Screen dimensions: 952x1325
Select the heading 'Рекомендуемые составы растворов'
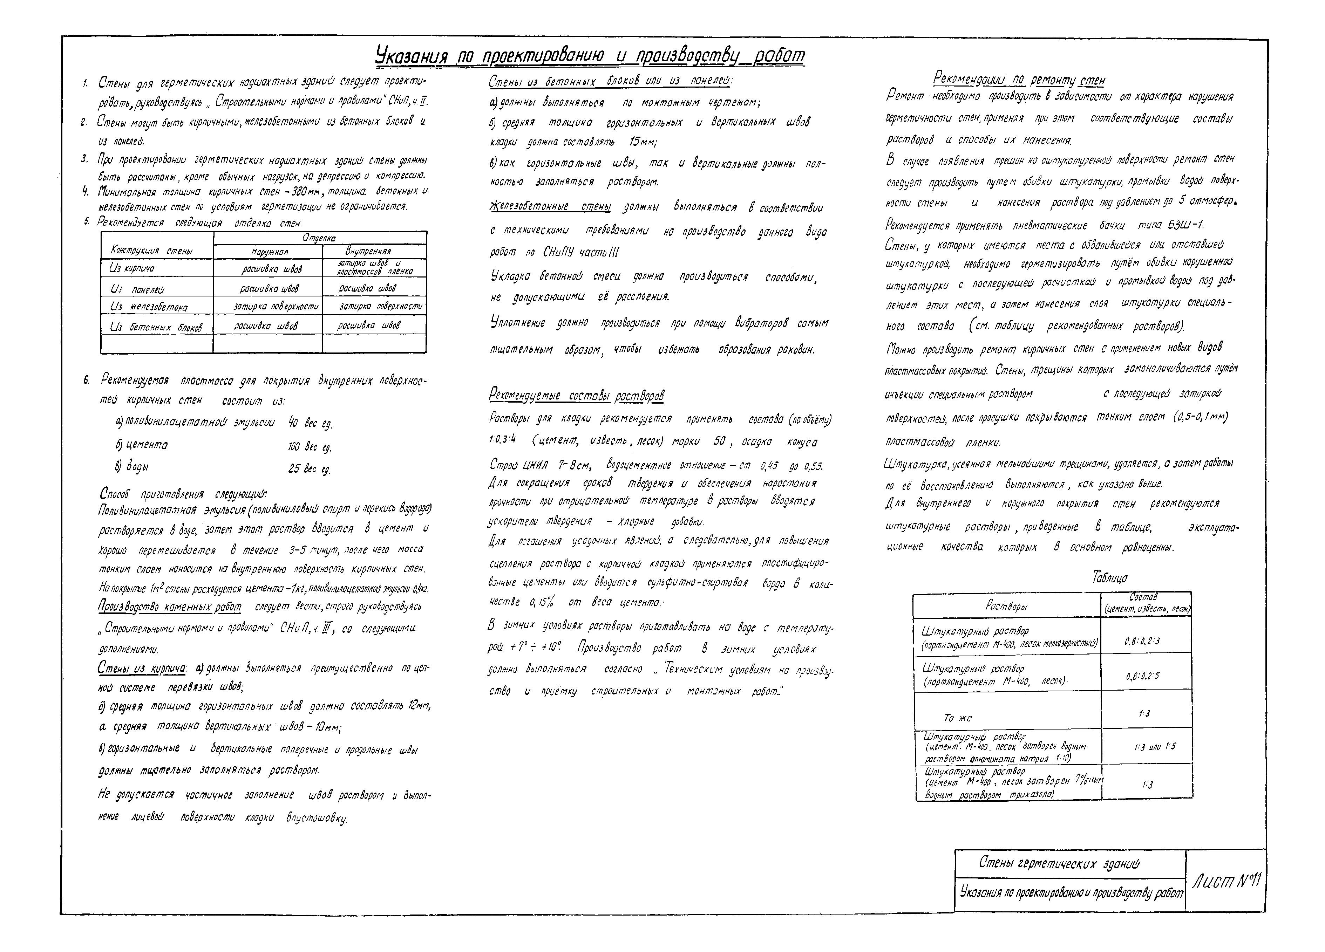576,397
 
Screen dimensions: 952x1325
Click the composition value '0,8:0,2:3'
1142,641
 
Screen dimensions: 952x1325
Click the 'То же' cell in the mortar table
958,718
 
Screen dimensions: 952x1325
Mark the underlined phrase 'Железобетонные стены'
550,208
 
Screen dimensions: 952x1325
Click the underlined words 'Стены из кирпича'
142,669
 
